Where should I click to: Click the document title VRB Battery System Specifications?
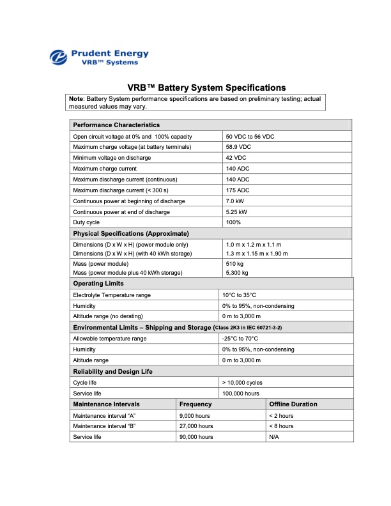coord(206,88)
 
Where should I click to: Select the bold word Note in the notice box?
coord(77,99)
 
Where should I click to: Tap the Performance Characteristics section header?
coord(116,125)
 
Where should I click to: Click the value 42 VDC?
coord(236,158)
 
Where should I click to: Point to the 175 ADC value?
coord(238,190)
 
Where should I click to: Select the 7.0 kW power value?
coord(236,201)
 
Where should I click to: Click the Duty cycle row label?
coord(86,222)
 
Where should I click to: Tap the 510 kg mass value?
coord(235,263)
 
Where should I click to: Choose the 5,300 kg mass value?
coord(237,273)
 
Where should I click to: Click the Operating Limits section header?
coord(98,283)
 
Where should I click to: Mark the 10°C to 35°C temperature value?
coord(239,295)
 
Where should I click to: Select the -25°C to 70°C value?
coord(240,339)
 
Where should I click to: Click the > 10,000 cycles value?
coord(243,382)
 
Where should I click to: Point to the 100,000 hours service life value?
coord(241,393)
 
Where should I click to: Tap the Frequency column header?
coord(195,404)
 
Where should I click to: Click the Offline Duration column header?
coord(293,404)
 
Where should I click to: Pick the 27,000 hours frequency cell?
coord(196,425)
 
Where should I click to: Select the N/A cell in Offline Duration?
coord(275,436)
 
